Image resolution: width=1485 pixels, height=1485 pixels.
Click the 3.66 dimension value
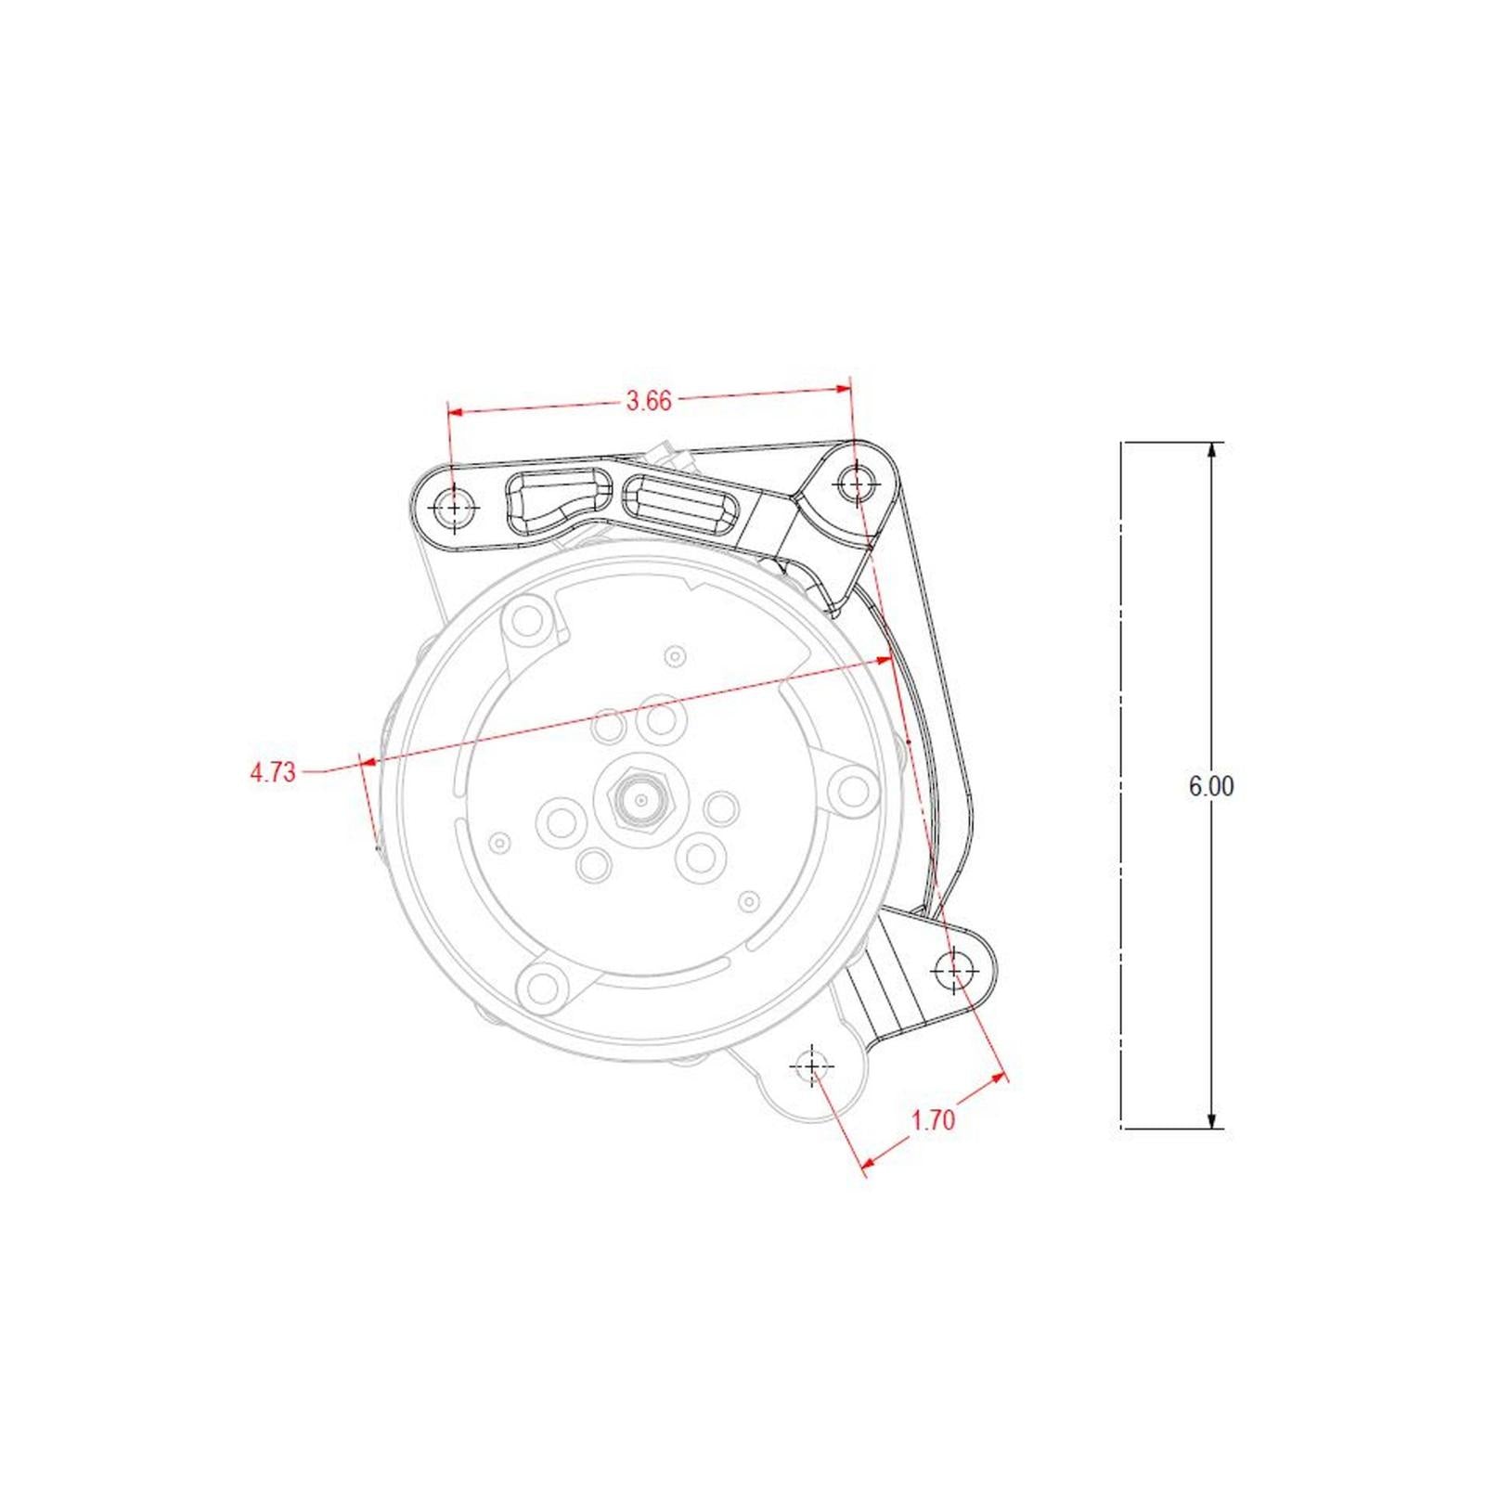(x=648, y=401)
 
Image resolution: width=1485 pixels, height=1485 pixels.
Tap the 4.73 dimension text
(x=272, y=772)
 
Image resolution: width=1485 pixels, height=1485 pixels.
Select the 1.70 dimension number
(x=933, y=1120)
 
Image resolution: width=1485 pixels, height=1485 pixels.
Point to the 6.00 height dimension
(x=1211, y=786)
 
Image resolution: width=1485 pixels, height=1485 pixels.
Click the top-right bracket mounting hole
(x=857, y=483)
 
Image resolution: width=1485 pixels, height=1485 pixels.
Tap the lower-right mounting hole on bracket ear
(x=954, y=971)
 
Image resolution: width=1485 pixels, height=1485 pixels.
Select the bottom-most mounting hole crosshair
(x=812, y=1066)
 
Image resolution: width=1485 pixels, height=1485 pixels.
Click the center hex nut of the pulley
(x=640, y=799)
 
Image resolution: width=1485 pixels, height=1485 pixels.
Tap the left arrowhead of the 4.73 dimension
(x=368, y=762)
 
